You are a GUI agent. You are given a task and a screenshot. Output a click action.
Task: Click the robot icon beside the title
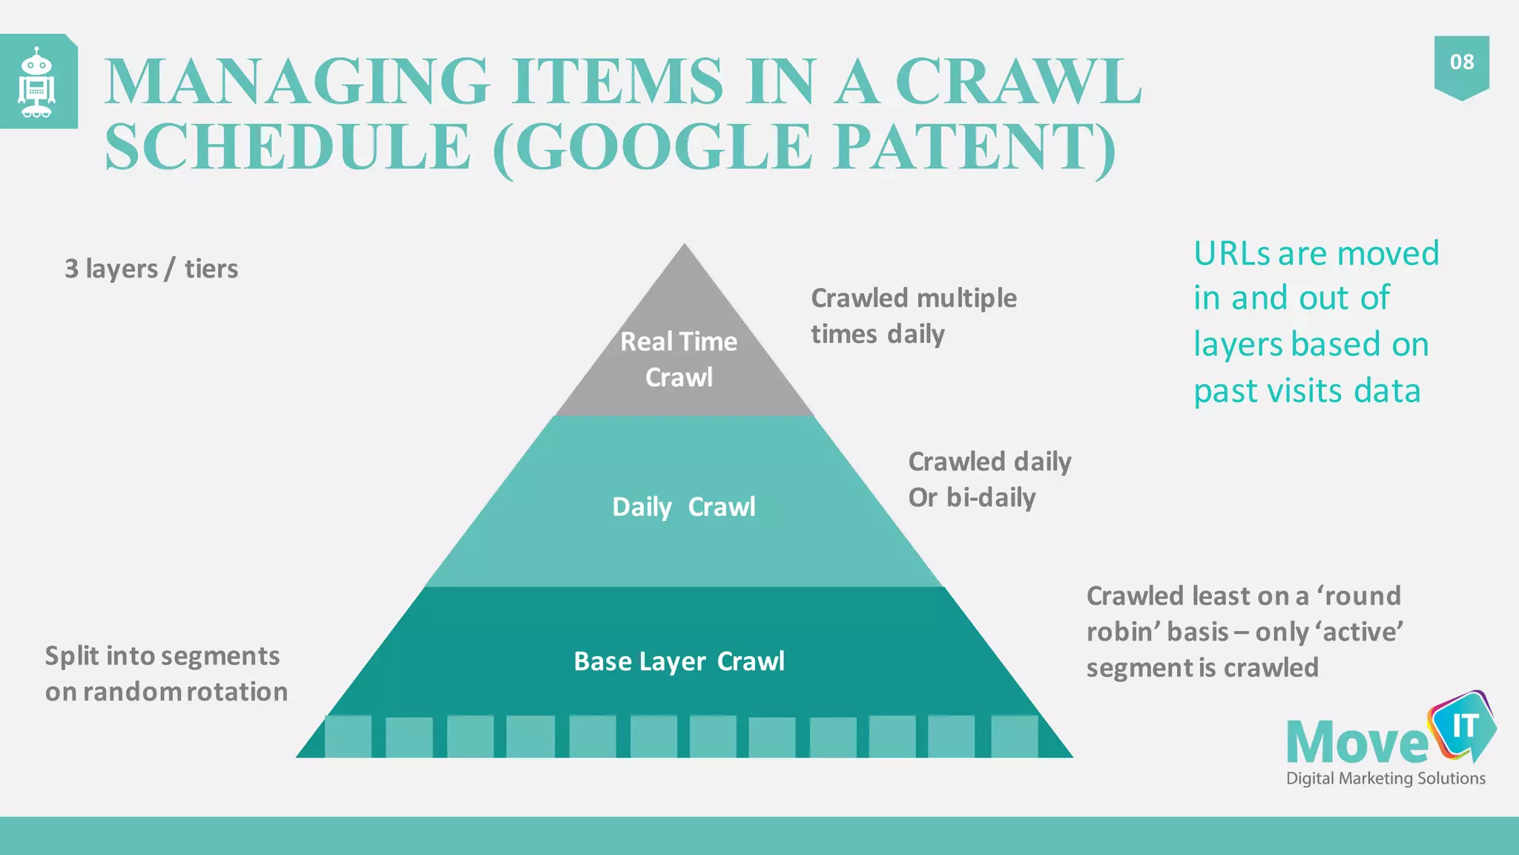pos(36,82)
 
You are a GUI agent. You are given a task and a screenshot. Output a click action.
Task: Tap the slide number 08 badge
pos(1461,63)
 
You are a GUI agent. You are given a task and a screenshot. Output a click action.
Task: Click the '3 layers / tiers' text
pos(151,269)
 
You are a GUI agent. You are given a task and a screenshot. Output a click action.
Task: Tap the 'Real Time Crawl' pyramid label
pos(679,359)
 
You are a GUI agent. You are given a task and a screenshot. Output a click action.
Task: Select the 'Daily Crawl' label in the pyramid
pos(684,507)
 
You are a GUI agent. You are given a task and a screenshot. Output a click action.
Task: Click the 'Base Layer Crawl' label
pos(679,661)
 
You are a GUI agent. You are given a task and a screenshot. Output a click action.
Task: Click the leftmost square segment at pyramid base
pos(348,736)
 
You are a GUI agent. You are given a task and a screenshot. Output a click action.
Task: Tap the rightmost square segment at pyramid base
pos(1014,736)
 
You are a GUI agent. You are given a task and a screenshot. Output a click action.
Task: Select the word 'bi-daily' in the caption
pos(991,498)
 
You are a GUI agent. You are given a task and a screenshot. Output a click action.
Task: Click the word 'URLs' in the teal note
pos(1231,254)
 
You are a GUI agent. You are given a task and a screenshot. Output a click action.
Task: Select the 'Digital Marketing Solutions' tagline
pos(1385,779)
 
